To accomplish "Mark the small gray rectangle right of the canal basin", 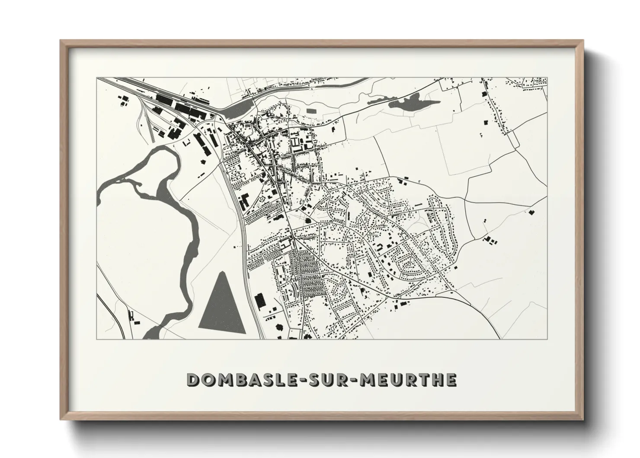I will [x=311, y=111].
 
